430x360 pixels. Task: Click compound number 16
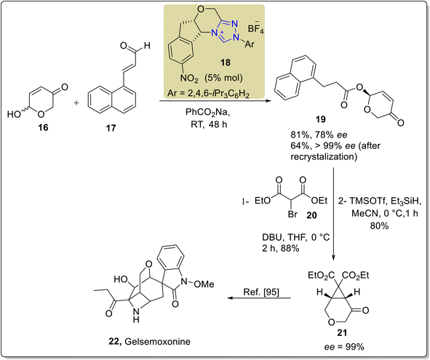(43, 127)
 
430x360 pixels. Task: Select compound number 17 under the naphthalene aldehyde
(111, 128)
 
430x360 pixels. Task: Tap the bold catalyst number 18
(225, 63)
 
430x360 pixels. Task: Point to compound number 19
(321, 119)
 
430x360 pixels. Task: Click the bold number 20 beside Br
(311, 215)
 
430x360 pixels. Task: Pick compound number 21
(342, 332)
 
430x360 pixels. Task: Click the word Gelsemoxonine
(157, 342)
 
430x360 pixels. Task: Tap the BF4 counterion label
(255, 28)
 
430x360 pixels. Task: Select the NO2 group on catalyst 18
(189, 79)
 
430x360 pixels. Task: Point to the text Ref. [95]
(261, 292)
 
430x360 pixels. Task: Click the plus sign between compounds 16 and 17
(76, 103)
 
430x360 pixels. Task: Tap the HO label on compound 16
(14, 113)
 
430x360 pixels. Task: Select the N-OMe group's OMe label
(204, 284)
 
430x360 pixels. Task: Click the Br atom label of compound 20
(292, 214)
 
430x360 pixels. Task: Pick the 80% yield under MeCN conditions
(379, 226)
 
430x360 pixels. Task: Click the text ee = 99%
(344, 347)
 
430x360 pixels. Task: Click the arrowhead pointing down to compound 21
(333, 257)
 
